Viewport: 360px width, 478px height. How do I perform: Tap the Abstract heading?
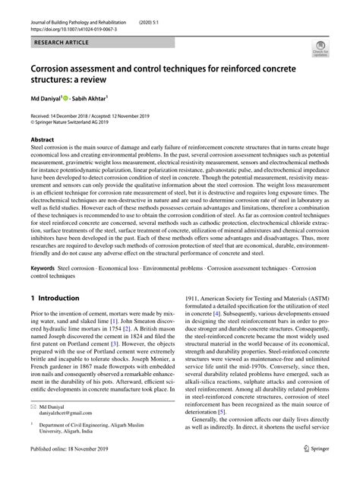pos(42,141)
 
